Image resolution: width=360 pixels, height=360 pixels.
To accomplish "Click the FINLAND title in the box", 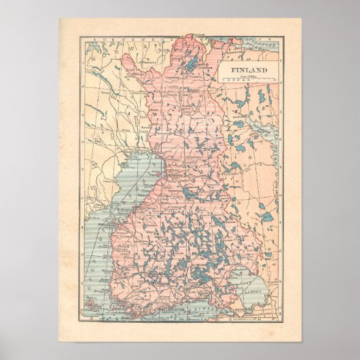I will [x=248, y=70].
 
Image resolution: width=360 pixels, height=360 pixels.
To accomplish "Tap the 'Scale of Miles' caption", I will [x=247, y=76].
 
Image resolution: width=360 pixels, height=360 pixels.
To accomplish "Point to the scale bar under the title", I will [x=247, y=81].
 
